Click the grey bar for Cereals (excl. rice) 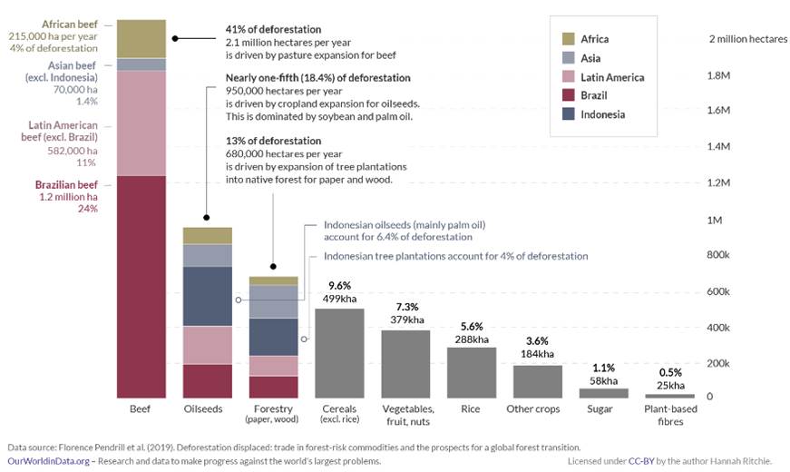click(x=339, y=353)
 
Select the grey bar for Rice click(x=472, y=373)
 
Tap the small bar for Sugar click(x=603, y=393)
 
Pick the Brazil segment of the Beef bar click(x=141, y=287)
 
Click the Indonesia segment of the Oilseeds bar click(x=208, y=297)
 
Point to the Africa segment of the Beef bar click(x=141, y=39)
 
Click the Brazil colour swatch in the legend click(x=569, y=95)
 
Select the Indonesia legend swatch click(x=569, y=114)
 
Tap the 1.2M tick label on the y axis click(x=718, y=182)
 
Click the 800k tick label click(x=718, y=255)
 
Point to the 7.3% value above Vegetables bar click(x=407, y=307)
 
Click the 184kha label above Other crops click(x=537, y=354)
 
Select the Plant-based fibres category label click(x=670, y=415)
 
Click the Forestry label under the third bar click(x=273, y=408)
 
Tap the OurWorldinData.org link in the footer click(x=48, y=461)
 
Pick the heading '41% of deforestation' click(x=273, y=29)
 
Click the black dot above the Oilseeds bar click(x=207, y=217)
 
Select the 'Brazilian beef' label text click(x=66, y=184)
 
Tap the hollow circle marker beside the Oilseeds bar click(x=239, y=300)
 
